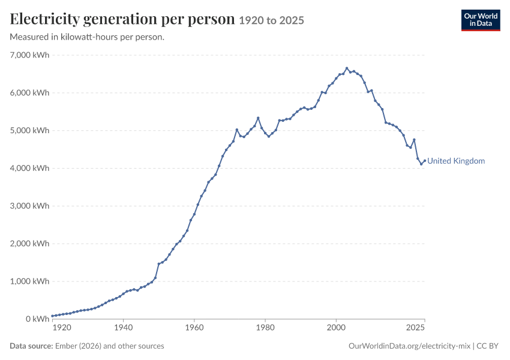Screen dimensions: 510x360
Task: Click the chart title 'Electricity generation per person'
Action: click(122, 19)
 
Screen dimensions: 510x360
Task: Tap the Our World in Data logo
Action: click(481, 20)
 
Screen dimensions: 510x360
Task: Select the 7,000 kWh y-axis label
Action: click(29, 55)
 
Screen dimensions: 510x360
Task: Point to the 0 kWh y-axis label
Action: click(37, 319)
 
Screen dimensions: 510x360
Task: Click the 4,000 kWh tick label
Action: click(29, 168)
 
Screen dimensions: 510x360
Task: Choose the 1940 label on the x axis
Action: click(123, 327)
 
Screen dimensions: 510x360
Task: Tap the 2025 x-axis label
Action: click(415, 327)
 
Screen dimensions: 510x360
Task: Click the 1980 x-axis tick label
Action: click(265, 327)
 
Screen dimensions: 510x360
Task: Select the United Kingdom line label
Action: click(456, 161)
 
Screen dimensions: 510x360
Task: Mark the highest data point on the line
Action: click(347, 68)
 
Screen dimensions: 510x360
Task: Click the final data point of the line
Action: click(425, 160)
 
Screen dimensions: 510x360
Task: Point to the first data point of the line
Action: click(52, 316)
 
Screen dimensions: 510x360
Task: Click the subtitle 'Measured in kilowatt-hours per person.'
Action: click(87, 37)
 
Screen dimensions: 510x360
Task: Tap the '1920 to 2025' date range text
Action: click(272, 20)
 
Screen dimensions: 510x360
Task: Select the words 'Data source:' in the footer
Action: click(31, 346)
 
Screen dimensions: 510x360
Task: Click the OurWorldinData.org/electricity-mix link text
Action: click(409, 346)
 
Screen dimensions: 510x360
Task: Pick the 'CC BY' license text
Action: click(488, 346)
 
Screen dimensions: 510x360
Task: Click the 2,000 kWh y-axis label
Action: click(29, 244)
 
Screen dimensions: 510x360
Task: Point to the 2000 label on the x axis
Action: click(336, 327)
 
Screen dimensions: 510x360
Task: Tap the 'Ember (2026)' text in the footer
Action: click(78, 346)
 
